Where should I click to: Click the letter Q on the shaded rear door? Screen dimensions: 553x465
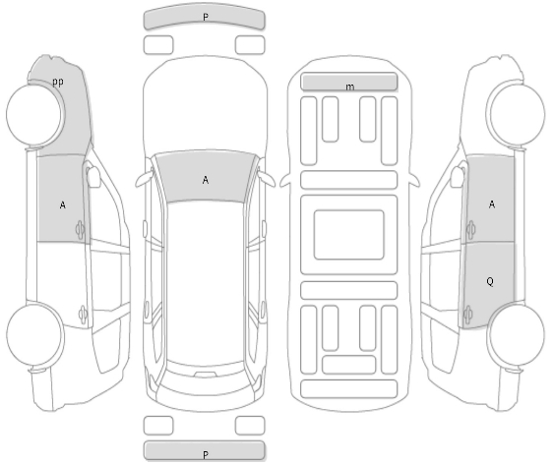click(x=490, y=281)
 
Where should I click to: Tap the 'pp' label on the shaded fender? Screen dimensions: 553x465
click(x=58, y=82)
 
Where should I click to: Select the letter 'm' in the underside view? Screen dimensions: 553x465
click(x=349, y=87)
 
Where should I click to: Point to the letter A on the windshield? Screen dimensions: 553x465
click(x=206, y=180)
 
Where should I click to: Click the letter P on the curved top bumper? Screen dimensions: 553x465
click(x=206, y=17)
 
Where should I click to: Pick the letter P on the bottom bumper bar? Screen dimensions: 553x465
click(x=206, y=454)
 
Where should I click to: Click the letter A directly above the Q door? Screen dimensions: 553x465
click(x=492, y=204)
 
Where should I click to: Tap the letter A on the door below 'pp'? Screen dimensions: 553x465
click(x=62, y=205)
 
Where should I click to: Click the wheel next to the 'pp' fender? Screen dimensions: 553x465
click(x=35, y=114)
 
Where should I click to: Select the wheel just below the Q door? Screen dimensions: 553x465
click(x=516, y=334)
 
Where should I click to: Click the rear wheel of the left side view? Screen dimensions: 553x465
click(x=35, y=334)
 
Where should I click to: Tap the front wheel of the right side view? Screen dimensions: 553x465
click(x=516, y=114)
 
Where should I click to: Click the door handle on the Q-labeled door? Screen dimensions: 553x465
click(x=468, y=314)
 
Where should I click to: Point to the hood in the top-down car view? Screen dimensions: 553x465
click(x=206, y=106)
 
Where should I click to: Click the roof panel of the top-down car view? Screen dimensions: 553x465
click(x=206, y=282)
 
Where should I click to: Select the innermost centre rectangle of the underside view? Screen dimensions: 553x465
click(x=348, y=235)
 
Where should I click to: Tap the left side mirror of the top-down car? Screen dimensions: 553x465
click(x=144, y=179)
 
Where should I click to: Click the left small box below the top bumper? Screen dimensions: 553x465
click(x=158, y=45)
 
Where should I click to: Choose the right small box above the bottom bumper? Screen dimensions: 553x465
click(x=250, y=426)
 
